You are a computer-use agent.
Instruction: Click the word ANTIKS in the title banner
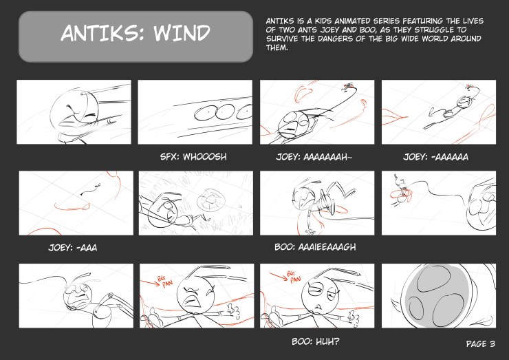101,34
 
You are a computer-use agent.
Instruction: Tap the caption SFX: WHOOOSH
193,157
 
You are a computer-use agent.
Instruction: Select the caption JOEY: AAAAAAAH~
314,157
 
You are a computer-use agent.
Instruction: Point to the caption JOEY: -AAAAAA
436,157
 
